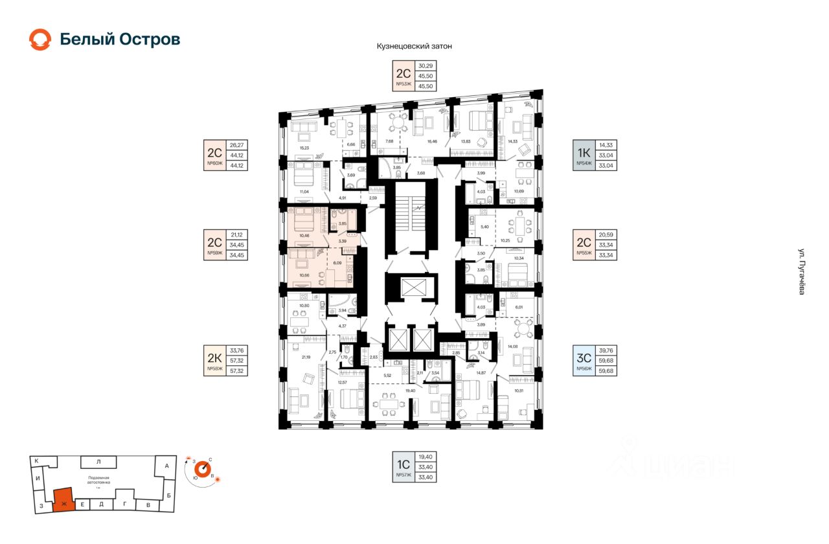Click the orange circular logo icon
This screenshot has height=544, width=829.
40,40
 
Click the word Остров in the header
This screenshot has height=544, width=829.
150,40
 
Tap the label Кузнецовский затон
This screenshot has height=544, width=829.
414,47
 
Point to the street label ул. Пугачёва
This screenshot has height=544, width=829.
801,272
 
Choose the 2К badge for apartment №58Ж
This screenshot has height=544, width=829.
214,360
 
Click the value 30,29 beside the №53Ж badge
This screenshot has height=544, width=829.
426,65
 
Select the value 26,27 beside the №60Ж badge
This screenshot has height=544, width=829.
237,144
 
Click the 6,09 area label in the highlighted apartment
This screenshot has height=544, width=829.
337,263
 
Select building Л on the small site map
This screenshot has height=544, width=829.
98,462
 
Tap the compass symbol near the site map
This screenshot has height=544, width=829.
200,470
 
